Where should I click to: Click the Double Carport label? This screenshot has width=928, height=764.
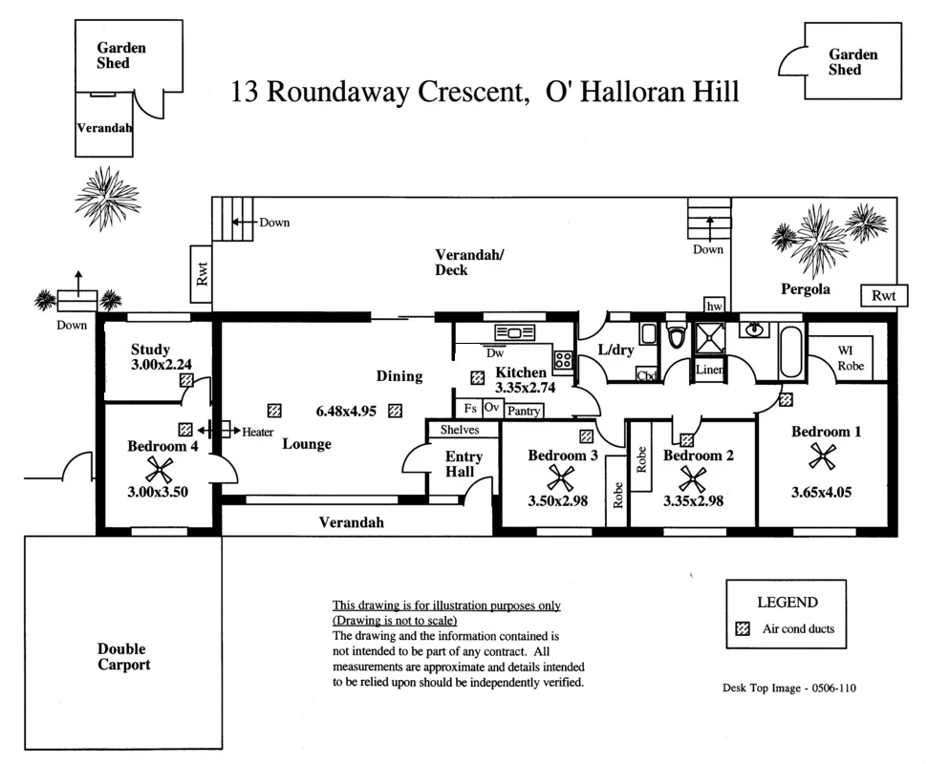(123, 657)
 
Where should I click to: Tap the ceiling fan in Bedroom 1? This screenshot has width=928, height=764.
(820, 456)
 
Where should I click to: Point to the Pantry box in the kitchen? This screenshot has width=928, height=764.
(523, 412)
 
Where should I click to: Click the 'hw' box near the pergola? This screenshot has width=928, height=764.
(714, 306)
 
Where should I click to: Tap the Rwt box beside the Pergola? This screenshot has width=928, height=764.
(883, 297)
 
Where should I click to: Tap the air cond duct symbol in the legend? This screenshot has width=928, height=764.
(742, 628)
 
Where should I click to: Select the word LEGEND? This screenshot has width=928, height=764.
(787, 603)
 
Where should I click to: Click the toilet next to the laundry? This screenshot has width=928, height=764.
(678, 336)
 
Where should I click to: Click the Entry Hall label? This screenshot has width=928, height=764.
(464, 464)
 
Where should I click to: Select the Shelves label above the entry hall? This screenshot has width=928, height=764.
(460, 430)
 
